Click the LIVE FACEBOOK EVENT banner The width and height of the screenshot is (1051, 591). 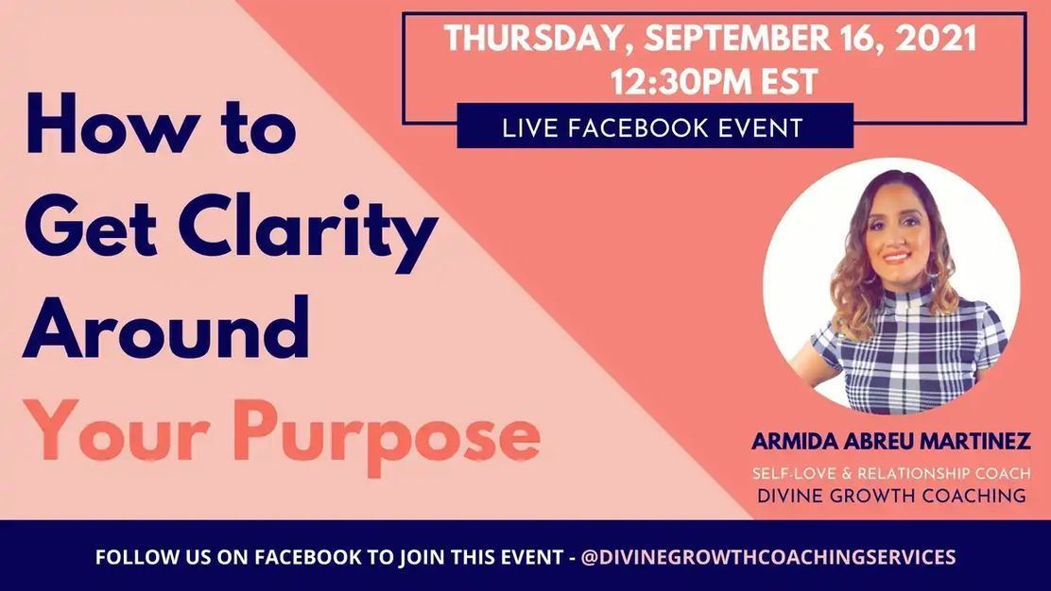(x=654, y=127)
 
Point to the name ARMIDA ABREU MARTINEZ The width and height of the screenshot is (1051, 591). (x=891, y=441)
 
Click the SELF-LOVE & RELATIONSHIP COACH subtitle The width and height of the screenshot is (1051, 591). (x=891, y=472)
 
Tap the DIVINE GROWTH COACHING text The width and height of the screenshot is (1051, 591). (x=891, y=496)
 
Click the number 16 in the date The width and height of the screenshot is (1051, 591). (x=844, y=39)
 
